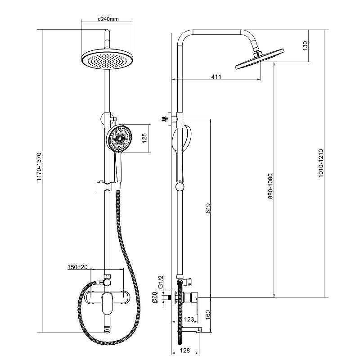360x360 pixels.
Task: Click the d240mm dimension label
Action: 108,19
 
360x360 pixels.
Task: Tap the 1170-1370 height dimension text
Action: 39,167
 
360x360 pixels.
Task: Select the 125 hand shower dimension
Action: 144,138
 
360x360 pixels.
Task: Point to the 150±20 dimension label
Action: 77,267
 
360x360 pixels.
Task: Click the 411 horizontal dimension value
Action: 216,76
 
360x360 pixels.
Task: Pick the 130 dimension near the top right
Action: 305,46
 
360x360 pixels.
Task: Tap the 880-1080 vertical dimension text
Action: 270,186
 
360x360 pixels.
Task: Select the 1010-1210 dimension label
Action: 321,163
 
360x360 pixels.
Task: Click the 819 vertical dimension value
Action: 208,208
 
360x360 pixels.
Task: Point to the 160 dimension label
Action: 208,315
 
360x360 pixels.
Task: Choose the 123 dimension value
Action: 189,319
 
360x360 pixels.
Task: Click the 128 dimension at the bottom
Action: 185,351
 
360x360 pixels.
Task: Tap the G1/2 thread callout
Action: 161,282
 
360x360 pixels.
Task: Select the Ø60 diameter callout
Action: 154,297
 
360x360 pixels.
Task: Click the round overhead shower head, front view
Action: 108,59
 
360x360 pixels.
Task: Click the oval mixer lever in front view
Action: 107,303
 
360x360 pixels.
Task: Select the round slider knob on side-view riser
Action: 180,187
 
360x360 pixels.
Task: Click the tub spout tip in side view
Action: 198,331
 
